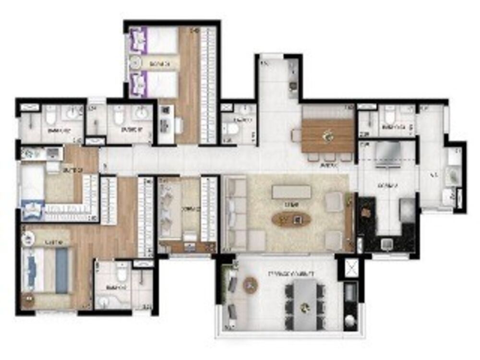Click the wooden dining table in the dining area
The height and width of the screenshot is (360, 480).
[x=328, y=135]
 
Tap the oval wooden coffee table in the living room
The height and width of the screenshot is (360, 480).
[x=291, y=220]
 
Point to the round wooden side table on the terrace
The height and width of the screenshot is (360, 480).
[x=250, y=285]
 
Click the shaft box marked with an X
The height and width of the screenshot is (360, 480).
[x=351, y=267]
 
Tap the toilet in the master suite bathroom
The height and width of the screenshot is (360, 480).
[x=121, y=275]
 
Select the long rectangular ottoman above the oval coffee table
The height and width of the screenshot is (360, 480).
[x=291, y=192]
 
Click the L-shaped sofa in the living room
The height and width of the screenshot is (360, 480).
[x=238, y=216]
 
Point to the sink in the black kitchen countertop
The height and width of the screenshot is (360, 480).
[x=387, y=244]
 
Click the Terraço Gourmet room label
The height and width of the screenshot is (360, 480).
[x=290, y=274]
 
